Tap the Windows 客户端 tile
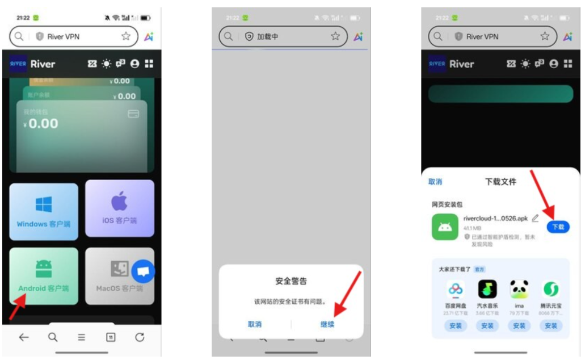(44, 211)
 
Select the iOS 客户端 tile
(119, 208)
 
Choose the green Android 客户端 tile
(44, 276)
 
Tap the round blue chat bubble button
(143, 272)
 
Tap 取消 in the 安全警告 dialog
(255, 324)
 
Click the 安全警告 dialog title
(291, 281)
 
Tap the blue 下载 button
(558, 227)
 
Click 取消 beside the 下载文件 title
(435, 182)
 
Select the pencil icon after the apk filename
(535, 219)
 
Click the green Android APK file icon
(445, 227)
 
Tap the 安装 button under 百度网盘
(456, 325)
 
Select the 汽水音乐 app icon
(487, 289)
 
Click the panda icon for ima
(519, 289)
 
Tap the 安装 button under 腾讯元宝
(551, 325)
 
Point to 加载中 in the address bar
(267, 36)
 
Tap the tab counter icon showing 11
(111, 337)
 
